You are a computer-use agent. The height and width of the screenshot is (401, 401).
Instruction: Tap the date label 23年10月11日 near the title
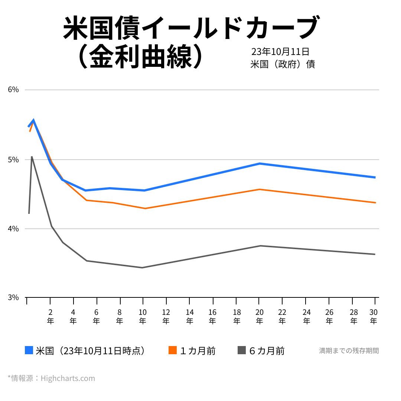pyautogui.click(x=280, y=52)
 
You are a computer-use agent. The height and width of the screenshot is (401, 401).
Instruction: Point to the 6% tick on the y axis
pyautogui.click(x=13, y=89)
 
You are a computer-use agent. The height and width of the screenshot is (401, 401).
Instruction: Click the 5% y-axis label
pyautogui.click(x=13, y=160)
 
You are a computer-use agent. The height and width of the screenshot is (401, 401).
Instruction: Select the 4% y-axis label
pyautogui.click(x=13, y=229)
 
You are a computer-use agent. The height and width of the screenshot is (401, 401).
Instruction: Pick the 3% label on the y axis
pyautogui.click(x=13, y=297)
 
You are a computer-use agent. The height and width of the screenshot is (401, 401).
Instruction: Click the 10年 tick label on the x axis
pyautogui.click(x=143, y=316)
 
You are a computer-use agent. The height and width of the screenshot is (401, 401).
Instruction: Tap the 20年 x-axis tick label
pyautogui.click(x=259, y=316)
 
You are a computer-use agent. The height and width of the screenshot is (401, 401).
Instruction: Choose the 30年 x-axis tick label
pyautogui.click(x=374, y=316)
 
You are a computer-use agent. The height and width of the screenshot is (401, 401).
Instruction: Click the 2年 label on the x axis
pyautogui.click(x=50, y=316)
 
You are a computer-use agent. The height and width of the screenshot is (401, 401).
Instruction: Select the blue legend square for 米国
pyautogui.click(x=29, y=350)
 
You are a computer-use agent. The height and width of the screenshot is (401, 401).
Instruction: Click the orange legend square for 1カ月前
pyautogui.click(x=173, y=350)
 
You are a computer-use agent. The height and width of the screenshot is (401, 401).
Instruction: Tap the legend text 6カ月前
pyautogui.click(x=267, y=351)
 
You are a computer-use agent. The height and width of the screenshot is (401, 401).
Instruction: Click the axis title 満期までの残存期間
pyautogui.click(x=349, y=351)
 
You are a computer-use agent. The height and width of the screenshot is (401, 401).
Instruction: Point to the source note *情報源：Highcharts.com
pyautogui.click(x=51, y=378)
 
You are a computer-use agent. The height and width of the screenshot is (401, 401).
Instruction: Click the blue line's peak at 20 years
pyautogui.click(x=260, y=163)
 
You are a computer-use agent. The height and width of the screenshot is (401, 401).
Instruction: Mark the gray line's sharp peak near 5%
pyautogui.click(x=32, y=157)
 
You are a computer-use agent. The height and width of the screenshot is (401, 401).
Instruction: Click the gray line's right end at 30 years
pyautogui.click(x=375, y=254)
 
